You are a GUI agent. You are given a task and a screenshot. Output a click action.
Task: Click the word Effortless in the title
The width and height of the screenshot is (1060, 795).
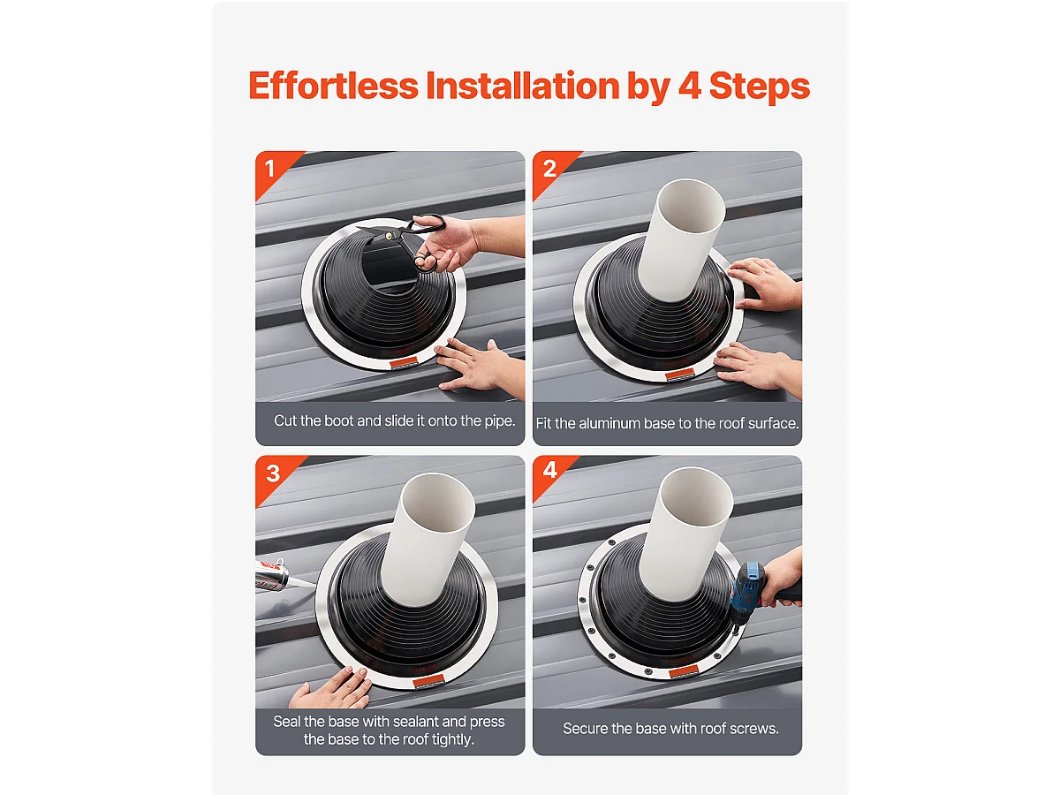(333, 86)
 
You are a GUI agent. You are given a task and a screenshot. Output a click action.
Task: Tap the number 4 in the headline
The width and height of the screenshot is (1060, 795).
(690, 86)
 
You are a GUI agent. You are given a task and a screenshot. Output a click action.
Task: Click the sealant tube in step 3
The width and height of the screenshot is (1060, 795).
(273, 574)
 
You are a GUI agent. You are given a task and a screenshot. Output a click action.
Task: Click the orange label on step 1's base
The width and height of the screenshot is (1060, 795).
(403, 362)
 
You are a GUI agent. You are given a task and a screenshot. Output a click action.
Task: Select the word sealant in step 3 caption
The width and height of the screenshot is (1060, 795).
(412, 721)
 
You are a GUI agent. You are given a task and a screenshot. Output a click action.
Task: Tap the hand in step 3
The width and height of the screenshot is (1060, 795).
(332, 688)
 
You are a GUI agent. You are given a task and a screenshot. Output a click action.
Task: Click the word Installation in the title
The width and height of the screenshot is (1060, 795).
(523, 86)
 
